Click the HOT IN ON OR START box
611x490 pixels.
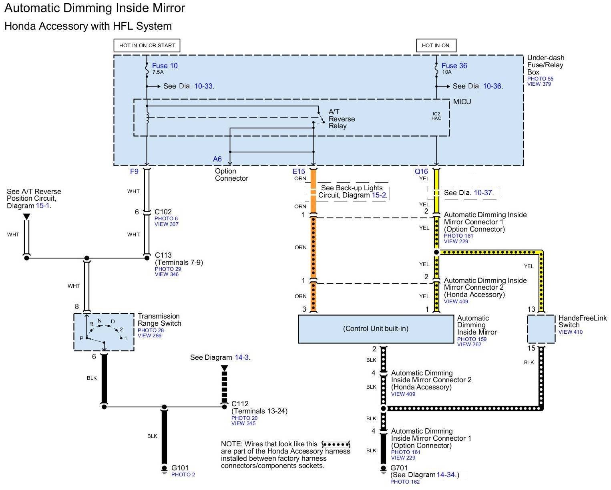147,46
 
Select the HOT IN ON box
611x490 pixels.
436,46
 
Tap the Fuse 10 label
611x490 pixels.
165,66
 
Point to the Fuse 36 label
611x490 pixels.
454,66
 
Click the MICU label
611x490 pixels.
462,102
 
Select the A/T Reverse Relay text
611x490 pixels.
342,119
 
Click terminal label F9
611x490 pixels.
134,171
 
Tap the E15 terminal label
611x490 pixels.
299,171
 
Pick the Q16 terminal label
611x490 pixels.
421,171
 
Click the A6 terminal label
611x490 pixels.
217,159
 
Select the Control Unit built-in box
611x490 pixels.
376,329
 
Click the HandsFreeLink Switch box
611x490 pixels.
541,329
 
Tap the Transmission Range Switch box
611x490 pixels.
104,332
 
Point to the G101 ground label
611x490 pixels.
180,468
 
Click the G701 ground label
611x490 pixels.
399,468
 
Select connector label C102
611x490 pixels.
163,212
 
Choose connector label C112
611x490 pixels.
240,404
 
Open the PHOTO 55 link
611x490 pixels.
540,79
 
